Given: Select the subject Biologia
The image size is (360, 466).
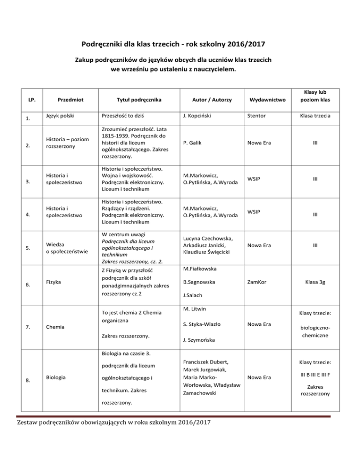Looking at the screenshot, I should click(54, 377).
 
